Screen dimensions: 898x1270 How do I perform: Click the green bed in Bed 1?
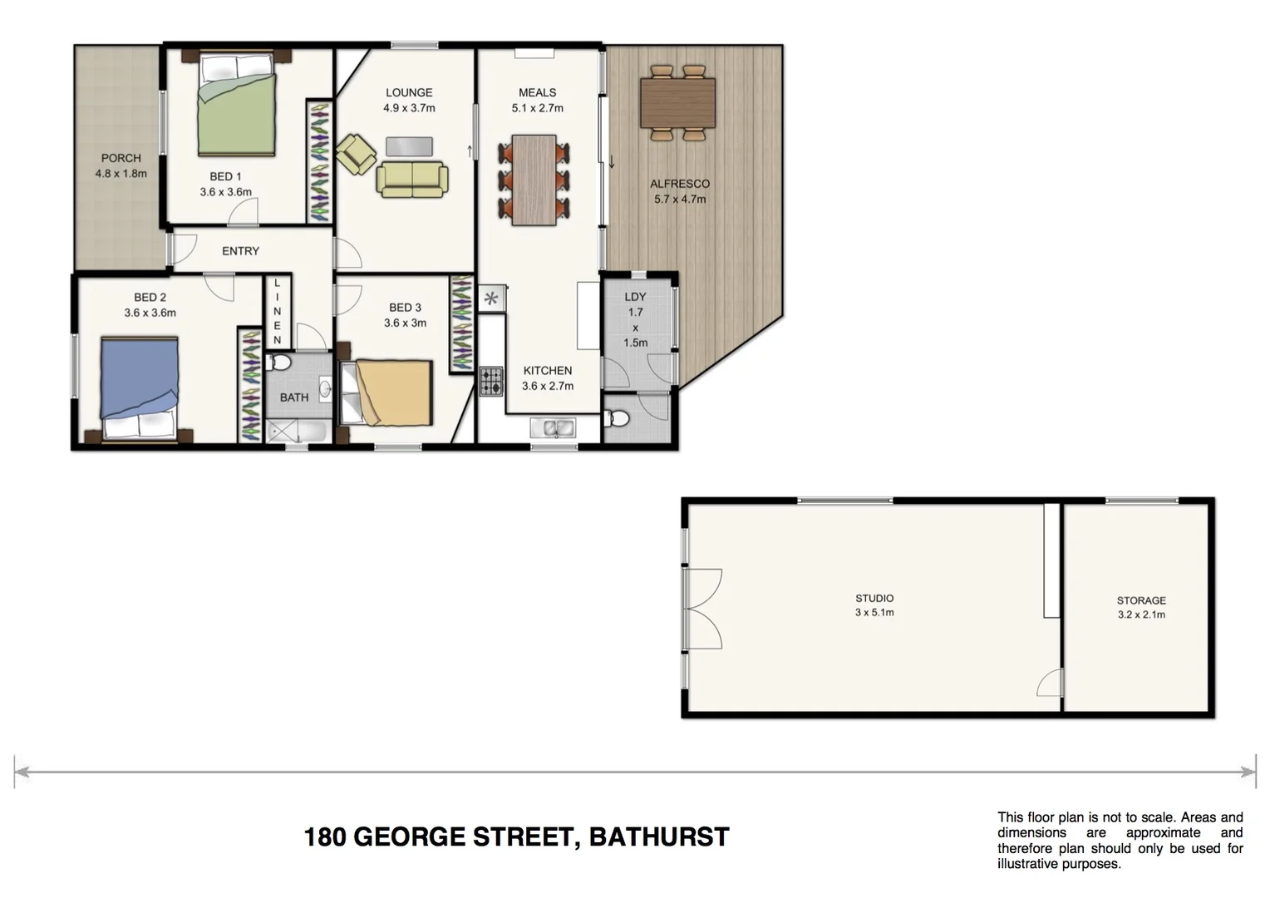coord(236,104)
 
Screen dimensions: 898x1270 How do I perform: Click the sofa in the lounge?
coord(412,180)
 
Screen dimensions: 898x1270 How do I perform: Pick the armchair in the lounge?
coord(356,154)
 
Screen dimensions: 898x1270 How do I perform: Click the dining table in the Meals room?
coord(534,180)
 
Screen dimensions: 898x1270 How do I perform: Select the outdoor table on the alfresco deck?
coord(677,102)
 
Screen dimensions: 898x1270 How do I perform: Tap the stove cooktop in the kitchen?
coord(491,381)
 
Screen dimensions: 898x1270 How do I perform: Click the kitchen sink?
coord(554,428)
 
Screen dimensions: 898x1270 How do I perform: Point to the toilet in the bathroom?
coord(279,363)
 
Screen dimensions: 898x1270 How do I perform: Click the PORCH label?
coord(121,158)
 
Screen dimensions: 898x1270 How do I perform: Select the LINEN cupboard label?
coord(278,312)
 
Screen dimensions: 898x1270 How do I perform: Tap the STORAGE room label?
coord(1140,600)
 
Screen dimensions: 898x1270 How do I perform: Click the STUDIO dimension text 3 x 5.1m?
coord(874,613)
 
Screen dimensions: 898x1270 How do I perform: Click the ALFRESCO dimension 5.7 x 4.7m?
coord(680,200)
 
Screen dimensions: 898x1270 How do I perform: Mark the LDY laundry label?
coord(635,297)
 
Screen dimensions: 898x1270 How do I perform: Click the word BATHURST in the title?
coord(658,836)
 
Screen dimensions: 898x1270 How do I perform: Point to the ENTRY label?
coord(240,251)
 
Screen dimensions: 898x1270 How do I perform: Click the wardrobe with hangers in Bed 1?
coord(319,161)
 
